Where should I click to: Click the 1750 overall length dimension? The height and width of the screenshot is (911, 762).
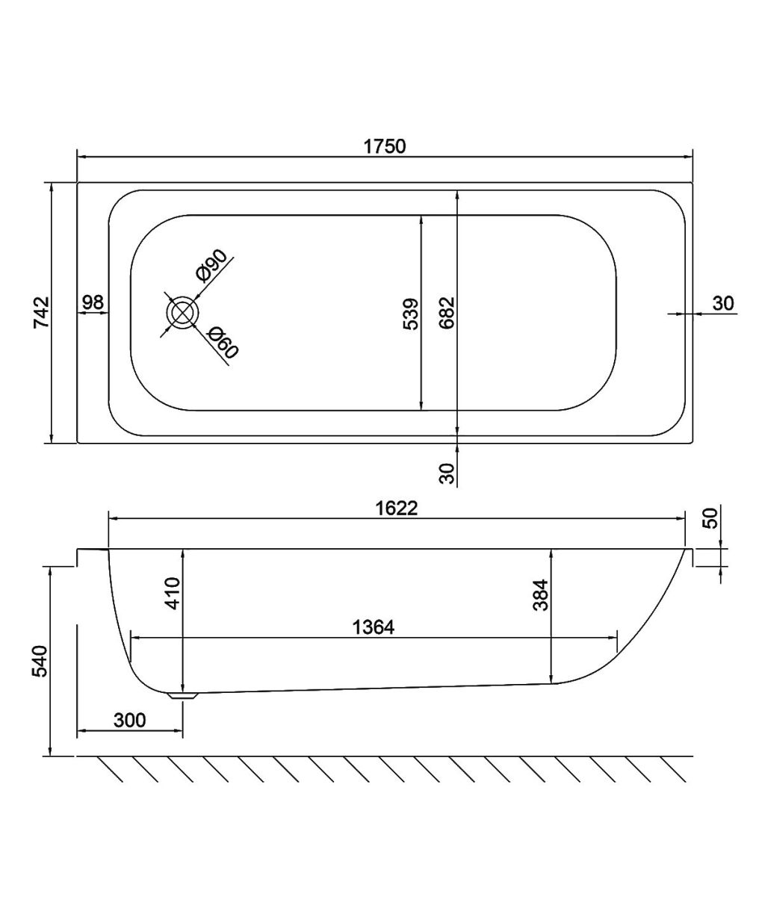tap(385, 146)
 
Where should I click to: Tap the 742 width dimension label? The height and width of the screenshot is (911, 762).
tap(43, 312)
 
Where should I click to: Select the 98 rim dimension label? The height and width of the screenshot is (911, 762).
tap(93, 302)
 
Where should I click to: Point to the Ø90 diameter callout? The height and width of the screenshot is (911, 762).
tap(211, 265)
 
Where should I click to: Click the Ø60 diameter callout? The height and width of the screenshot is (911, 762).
tap(223, 343)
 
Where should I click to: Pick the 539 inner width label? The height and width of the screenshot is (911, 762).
tap(411, 314)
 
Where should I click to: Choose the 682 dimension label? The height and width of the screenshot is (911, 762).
tap(447, 313)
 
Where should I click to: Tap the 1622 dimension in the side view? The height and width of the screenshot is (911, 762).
tap(396, 508)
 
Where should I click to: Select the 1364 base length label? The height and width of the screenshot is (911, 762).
tap(373, 627)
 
